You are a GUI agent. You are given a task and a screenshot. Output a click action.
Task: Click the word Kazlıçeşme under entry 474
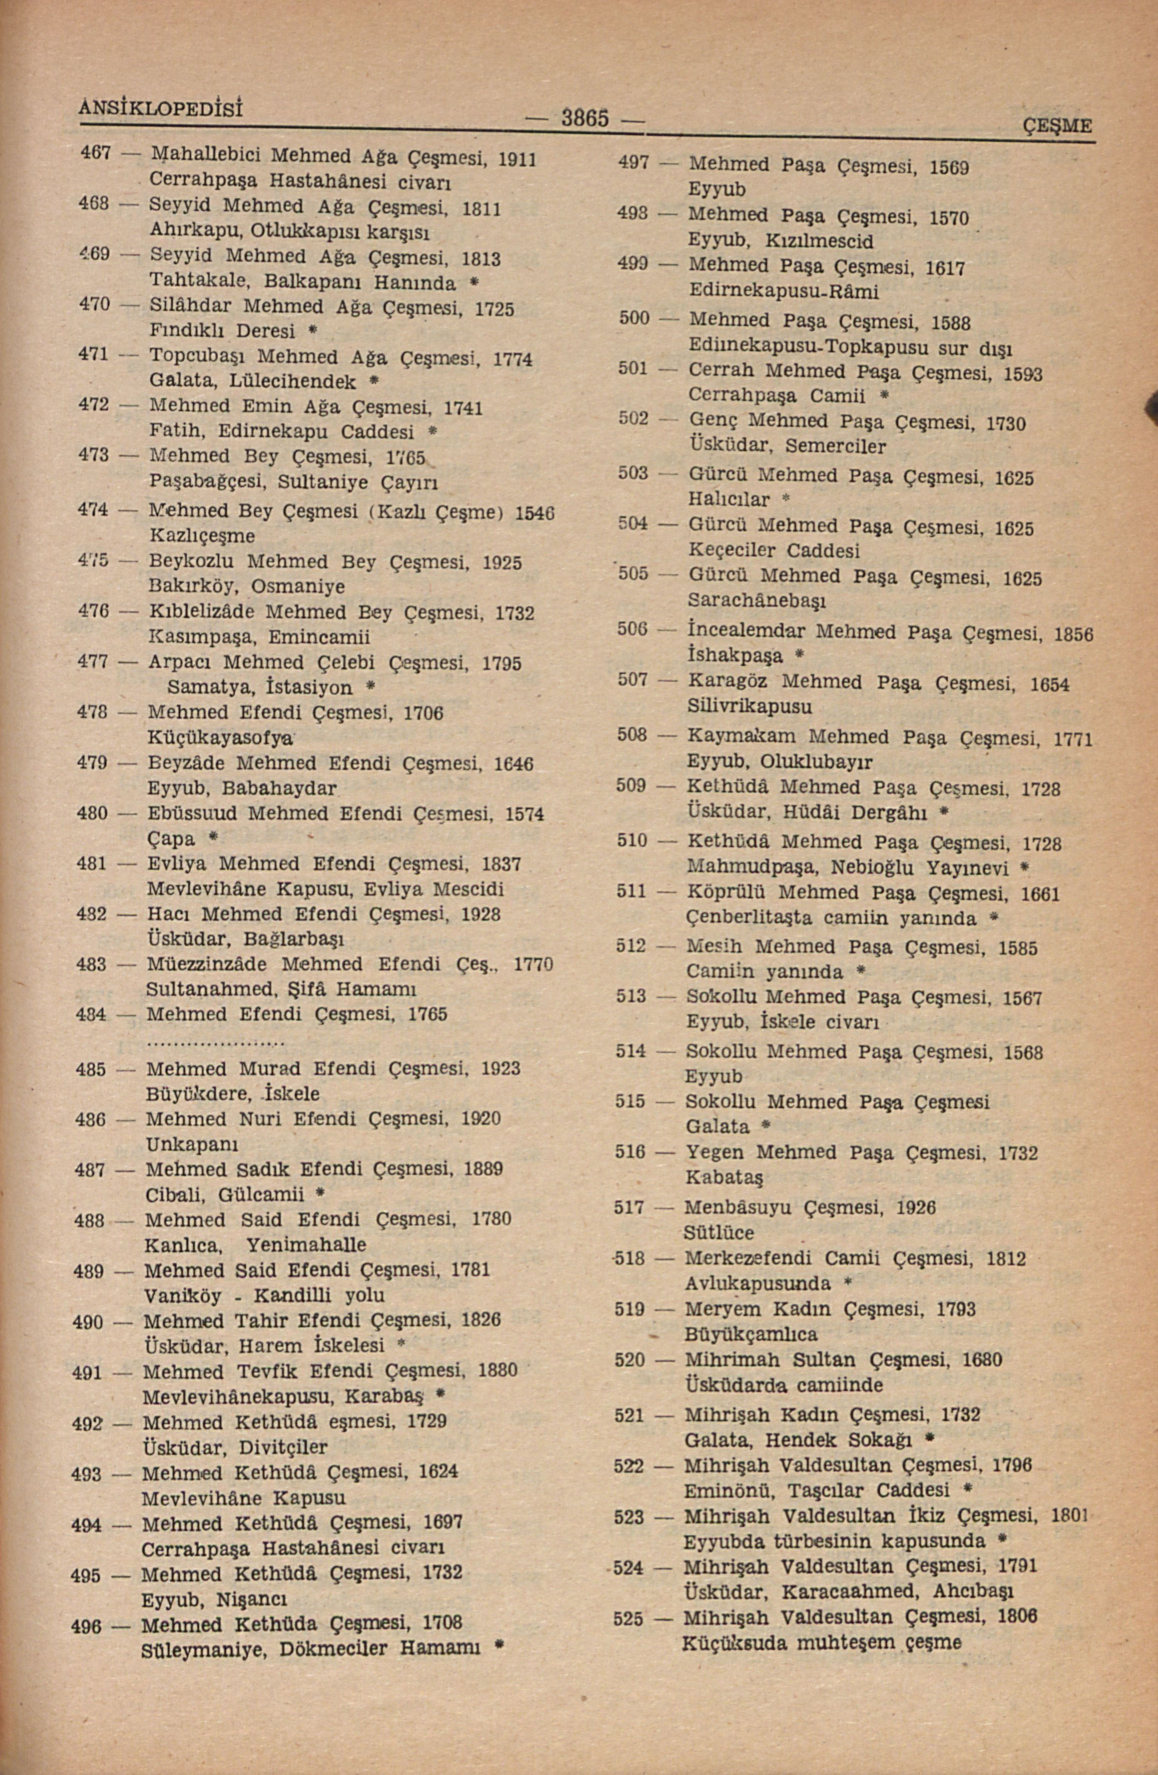click(202, 536)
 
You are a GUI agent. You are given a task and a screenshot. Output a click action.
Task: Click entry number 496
click(86, 1625)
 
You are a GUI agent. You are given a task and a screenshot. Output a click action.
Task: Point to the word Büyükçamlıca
click(751, 1334)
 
